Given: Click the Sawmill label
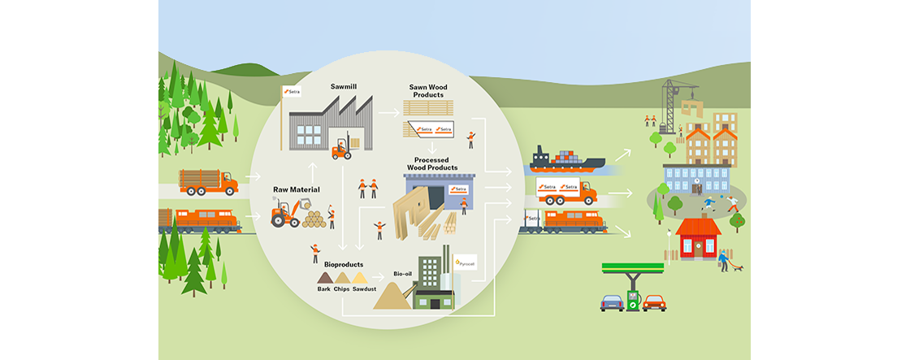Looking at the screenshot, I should pos(344,85).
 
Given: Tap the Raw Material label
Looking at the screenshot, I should pos(296,189).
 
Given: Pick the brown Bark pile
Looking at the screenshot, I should pos(323,279).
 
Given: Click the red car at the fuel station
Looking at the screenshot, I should pos(654,302).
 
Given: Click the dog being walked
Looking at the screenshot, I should pos(736,267).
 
